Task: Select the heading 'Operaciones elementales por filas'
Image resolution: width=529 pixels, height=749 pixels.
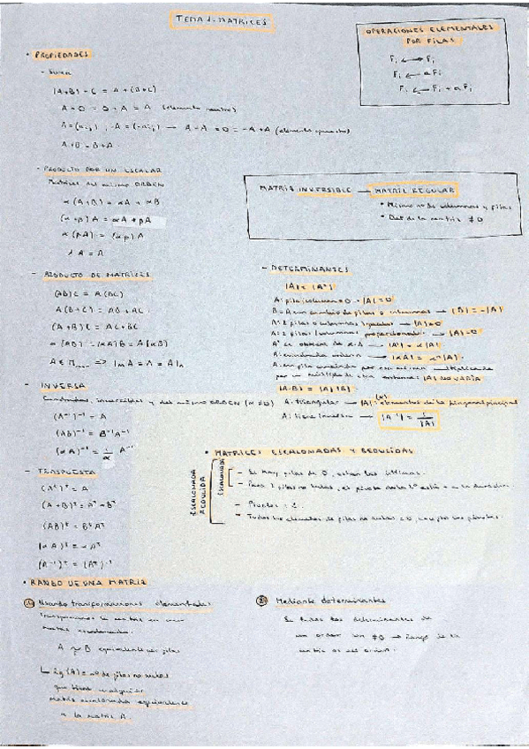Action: tap(430, 34)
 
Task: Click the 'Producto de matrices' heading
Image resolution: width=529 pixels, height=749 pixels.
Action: tap(98, 275)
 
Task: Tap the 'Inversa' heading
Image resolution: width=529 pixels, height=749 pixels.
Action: tap(63, 385)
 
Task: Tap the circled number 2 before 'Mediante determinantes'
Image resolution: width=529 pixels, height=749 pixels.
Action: tap(261, 600)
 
